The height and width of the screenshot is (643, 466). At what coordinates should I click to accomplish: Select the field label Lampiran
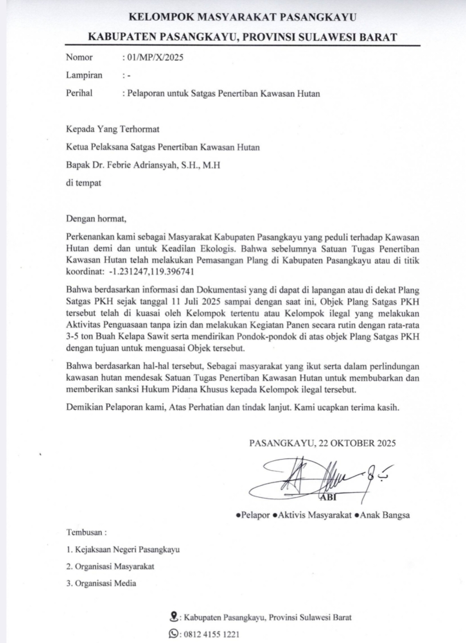[x=84, y=75]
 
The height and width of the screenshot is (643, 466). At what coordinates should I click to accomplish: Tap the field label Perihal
[x=79, y=93]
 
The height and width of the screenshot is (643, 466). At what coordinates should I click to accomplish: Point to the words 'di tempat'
[x=83, y=182]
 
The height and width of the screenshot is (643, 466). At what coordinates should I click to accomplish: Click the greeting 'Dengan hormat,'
[x=96, y=218]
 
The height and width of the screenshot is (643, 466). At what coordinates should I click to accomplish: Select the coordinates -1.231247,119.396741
[x=152, y=272]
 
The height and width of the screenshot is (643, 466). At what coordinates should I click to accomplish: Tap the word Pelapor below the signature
[x=256, y=515]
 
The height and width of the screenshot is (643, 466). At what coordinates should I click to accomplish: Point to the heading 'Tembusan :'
[x=86, y=533]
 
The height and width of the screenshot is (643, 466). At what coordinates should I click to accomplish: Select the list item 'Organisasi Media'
[x=105, y=583]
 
